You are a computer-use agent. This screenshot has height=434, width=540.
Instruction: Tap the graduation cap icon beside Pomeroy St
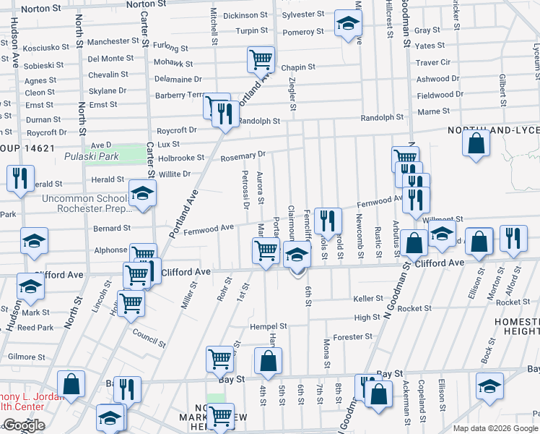click(x=347, y=25)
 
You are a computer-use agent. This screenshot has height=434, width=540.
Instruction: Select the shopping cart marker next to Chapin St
click(x=261, y=59)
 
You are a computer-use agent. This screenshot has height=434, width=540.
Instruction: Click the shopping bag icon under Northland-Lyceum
click(x=476, y=142)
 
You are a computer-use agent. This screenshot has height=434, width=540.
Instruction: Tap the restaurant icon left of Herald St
click(x=19, y=177)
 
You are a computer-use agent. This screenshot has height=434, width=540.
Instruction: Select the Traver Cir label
click(x=433, y=63)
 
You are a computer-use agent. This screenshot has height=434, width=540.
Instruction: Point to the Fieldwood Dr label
click(x=440, y=95)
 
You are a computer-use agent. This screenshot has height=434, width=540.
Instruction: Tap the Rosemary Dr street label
click(x=243, y=156)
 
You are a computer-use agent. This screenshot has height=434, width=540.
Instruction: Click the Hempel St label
click(x=269, y=326)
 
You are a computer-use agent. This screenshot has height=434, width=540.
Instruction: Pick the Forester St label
click(x=353, y=336)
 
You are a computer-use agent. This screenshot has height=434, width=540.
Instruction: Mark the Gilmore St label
click(x=27, y=357)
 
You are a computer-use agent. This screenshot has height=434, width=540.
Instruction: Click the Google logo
click(x=24, y=425)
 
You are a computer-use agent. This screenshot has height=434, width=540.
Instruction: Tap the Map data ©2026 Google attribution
click(x=495, y=427)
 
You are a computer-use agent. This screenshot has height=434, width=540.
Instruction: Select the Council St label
click(x=149, y=334)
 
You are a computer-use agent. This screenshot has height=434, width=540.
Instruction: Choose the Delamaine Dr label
click(x=178, y=79)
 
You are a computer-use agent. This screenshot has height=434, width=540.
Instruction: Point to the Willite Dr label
click(x=175, y=174)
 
